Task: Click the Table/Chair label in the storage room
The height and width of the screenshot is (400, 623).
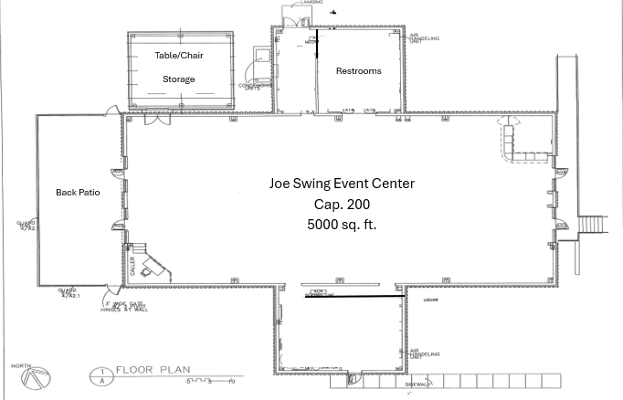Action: tap(179, 56)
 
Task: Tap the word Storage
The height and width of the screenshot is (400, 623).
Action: tap(179, 79)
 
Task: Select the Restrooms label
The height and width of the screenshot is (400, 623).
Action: tap(359, 71)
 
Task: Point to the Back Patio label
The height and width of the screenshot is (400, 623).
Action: tap(78, 193)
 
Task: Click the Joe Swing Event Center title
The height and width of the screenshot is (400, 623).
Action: tap(341, 184)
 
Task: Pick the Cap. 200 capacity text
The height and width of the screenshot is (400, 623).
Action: tap(341, 204)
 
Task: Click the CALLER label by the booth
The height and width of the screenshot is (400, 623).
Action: tap(132, 266)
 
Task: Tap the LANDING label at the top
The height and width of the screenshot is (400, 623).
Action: tap(311, 3)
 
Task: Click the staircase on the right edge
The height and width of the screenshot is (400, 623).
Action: tap(594, 225)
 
